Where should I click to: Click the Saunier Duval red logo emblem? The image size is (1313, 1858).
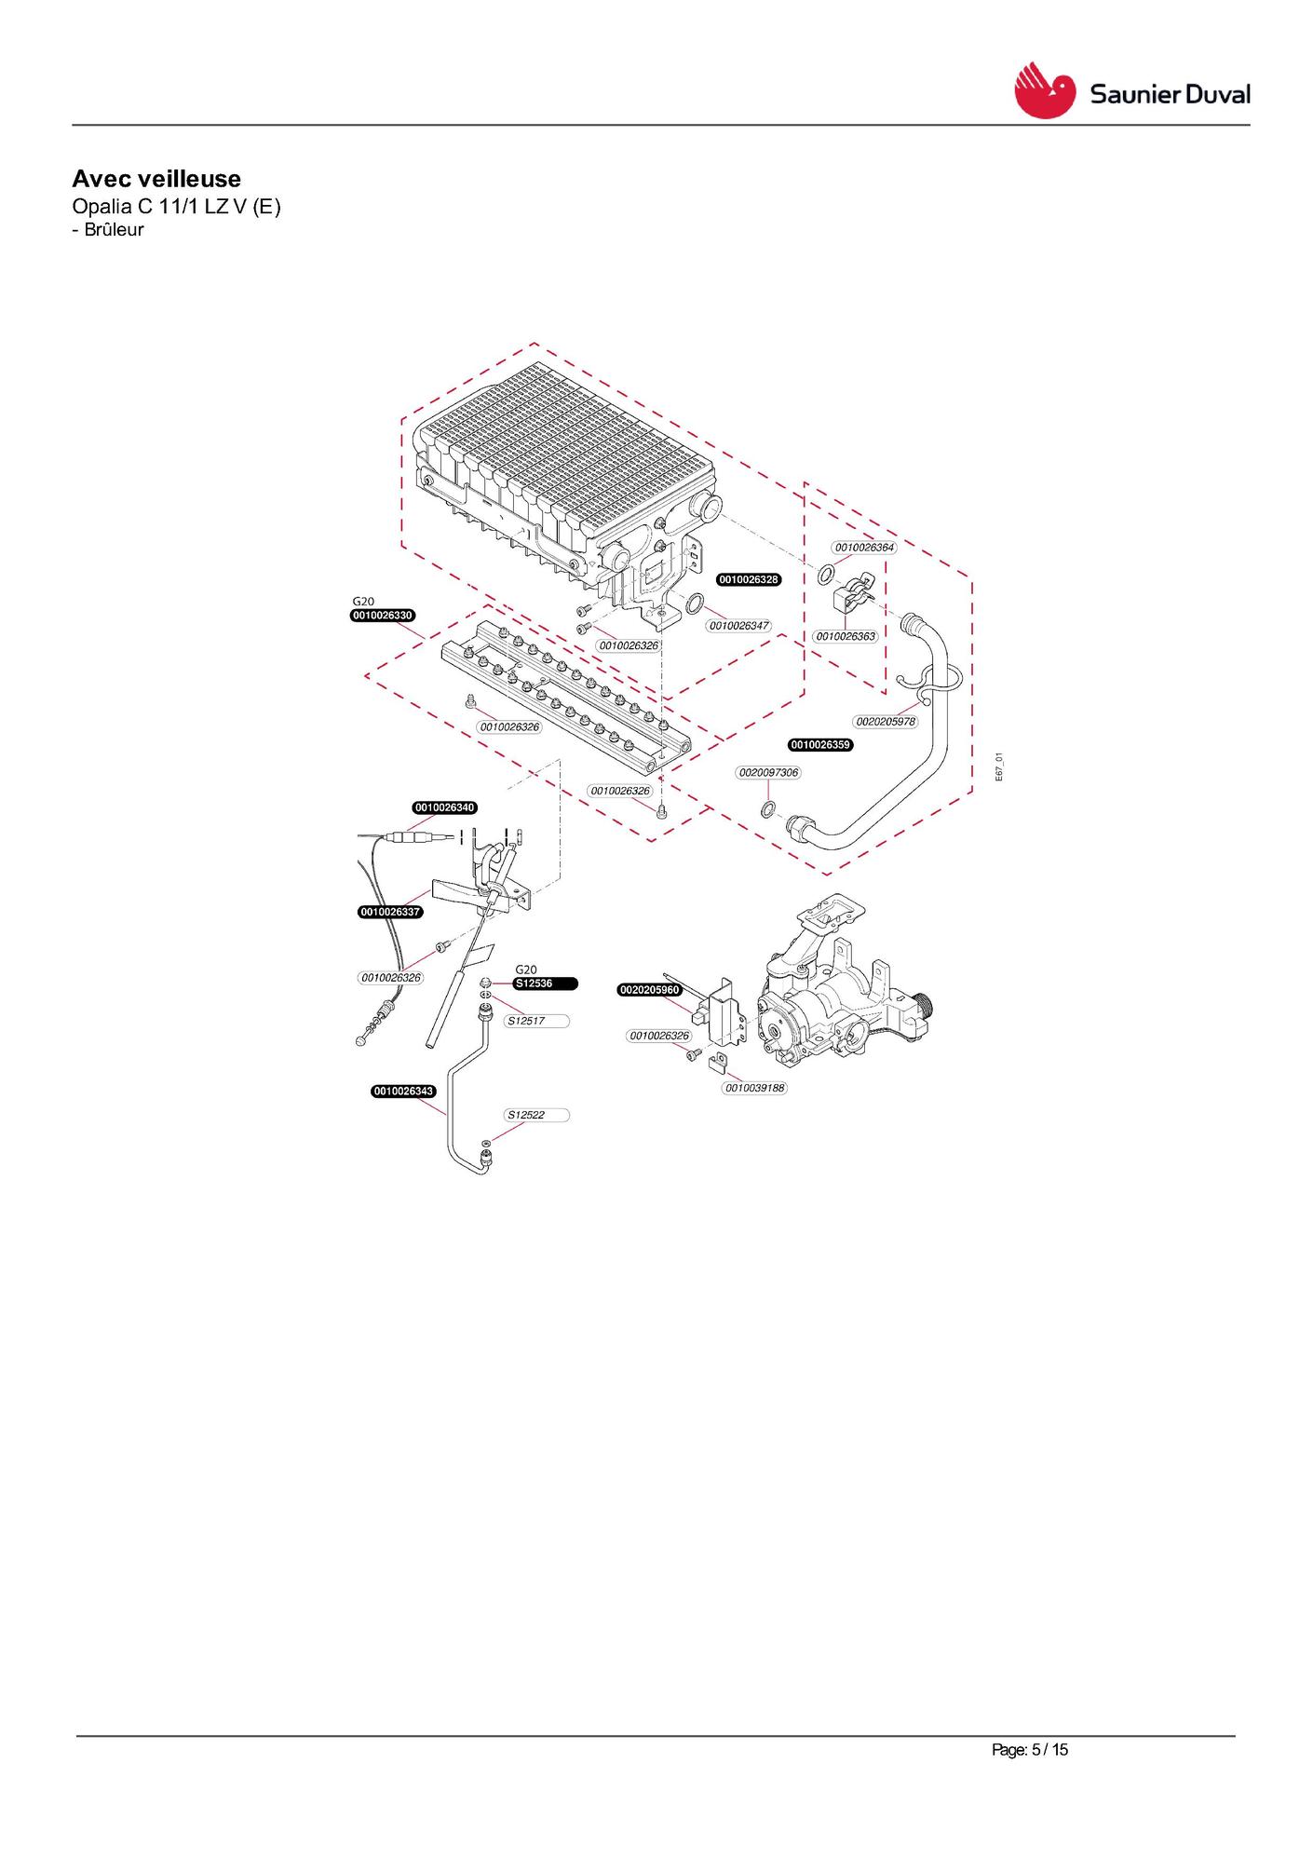pyautogui.click(x=1044, y=90)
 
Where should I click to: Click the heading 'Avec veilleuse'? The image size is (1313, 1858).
pyautogui.click(x=156, y=179)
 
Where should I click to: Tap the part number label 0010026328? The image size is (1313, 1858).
pyautogui.click(x=749, y=579)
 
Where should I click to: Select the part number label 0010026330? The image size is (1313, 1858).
pyautogui.click(x=383, y=616)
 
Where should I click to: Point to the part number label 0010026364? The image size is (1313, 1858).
pyautogui.click(x=864, y=548)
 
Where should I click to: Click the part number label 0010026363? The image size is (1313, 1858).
pyautogui.click(x=846, y=636)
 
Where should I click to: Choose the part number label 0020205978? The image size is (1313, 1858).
pyautogui.click(x=886, y=722)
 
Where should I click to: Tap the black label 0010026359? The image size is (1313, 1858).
pyautogui.click(x=820, y=745)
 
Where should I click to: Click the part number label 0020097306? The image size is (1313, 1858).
pyautogui.click(x=768, y=772)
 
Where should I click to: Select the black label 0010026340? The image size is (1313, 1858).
pyautogui.click(x=445, y=807)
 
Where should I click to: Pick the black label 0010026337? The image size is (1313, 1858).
pyautogui.click(x=390, y=912)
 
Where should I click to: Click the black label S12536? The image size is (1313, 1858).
pyautogui.click(x=546, y=983)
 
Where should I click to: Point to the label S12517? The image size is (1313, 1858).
pyautogui.click(x=536, y=1021)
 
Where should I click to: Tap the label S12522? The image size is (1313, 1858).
pyautogui.click(x=536, y=1115)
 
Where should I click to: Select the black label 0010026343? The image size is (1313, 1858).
pyautogui.click(x=403, y=1092)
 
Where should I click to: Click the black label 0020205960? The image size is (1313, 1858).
pyautogui.click(x=650, y=990)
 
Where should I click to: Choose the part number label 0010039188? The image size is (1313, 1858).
pyautogui.click(x=755, y=1088)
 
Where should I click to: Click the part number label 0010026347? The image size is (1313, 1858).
pyautogui.click(x=739, y=626)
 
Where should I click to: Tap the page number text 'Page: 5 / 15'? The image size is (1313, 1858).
pyautogui.click(x=1030, y=1750)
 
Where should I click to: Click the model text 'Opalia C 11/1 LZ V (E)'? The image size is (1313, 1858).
pyautogui.click(x=176, y=206)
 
